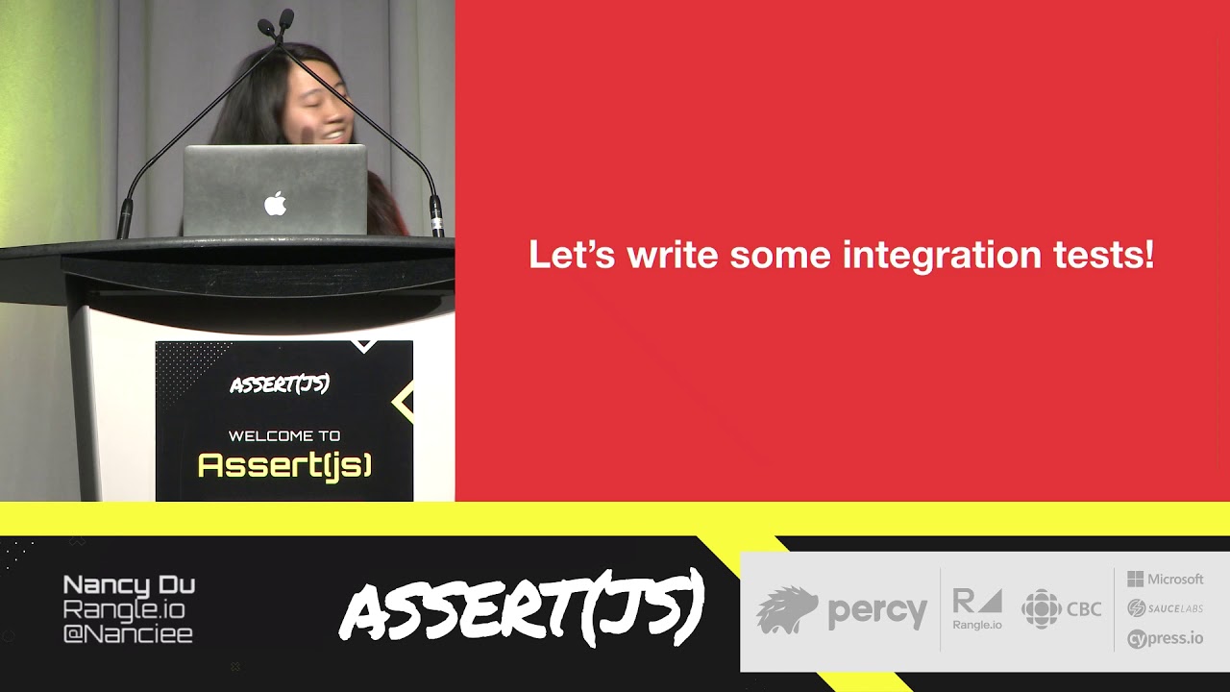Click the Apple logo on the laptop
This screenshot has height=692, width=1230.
point(276,203)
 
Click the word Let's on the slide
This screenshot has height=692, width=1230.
point(573,256)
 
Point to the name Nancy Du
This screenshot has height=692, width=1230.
point(129,584)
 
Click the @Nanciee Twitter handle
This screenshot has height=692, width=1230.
point(128,634)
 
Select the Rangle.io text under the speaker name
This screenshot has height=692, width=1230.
point(124,609)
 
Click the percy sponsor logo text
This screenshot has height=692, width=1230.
point(877,611)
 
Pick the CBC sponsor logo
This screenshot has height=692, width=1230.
point(1062,609)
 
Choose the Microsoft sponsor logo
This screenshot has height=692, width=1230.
point(1166,579)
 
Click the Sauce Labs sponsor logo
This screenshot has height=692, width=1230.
point(1166,607)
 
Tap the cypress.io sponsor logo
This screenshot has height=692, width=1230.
point(1166,638)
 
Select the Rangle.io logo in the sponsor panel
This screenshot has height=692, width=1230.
point(977,609)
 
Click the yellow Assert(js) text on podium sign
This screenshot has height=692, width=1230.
point(284,466)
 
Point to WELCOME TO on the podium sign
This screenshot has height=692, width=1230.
point(284,435)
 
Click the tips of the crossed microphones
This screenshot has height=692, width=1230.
point(275,20)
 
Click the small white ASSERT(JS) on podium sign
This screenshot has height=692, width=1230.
point(280,385)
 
